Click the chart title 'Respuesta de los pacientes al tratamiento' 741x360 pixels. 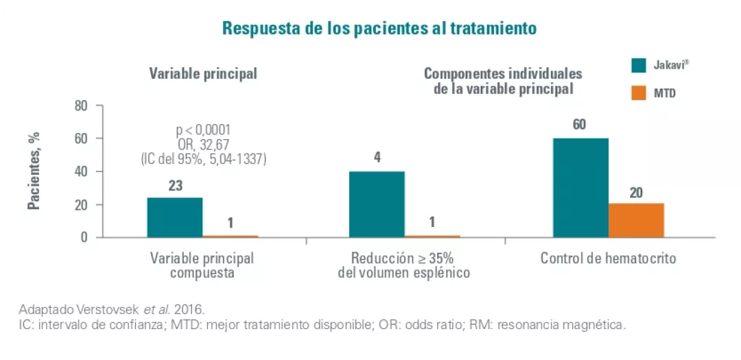[x=379, y=29]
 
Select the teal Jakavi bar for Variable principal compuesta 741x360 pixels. [x=174, y=217]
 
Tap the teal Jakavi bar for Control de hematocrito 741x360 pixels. [x=580, y=188]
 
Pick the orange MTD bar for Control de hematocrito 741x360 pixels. [x=636, y=220]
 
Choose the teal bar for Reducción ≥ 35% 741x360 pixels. [x=377, y=204]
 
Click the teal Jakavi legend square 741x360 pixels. [x=639, y=64]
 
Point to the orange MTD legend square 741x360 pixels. [x=639, y=92]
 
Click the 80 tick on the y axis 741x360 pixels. [x=82, y=106]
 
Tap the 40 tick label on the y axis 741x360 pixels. [x=82, y=172]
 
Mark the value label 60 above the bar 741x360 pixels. [x=580, y=125]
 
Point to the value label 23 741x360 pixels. [x=174, y=185]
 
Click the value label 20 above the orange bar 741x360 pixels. [x=636, y=193]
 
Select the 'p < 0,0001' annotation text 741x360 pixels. [x=203, y=130]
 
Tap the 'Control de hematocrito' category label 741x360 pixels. [x=608, y=259]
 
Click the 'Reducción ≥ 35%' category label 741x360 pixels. [x=403, y=259]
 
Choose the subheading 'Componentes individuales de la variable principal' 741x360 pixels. [x=503, y=81]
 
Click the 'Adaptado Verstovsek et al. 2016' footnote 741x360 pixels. [x=111, y=309]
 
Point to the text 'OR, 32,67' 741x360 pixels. [x=203, y=144]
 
